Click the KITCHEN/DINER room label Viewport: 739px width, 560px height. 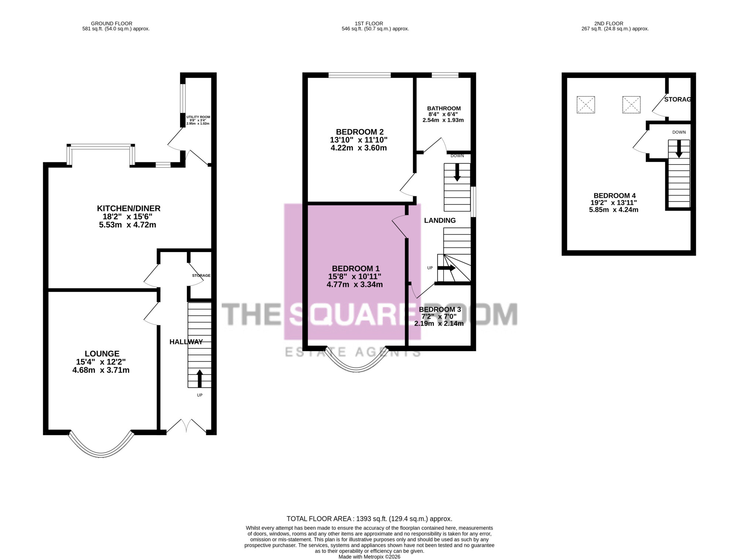(129, 208)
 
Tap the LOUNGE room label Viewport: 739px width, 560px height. (102, 354)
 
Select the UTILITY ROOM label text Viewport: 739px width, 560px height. (198, 117)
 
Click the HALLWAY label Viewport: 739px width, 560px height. (186, 342)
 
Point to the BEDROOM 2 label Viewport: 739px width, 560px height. (360, 132)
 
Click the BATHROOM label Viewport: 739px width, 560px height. (444, 109)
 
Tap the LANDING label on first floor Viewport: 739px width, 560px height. (440, 221)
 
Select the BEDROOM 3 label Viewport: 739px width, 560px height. (440, 309)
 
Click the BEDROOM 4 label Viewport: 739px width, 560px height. (614, 196)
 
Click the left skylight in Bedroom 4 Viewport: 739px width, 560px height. (586, 105)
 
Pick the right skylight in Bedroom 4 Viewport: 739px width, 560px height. (631, 105)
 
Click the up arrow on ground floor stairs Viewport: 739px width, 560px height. (200, 378)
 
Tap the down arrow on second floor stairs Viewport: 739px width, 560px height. (679, 149)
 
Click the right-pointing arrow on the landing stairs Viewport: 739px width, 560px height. (446, 268)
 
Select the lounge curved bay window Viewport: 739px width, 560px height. (101, 445)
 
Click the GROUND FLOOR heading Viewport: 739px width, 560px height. (112, 24)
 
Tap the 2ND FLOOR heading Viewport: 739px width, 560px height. (609, 24)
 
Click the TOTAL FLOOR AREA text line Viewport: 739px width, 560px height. (369, 519)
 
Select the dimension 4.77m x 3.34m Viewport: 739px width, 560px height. (355, 285)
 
